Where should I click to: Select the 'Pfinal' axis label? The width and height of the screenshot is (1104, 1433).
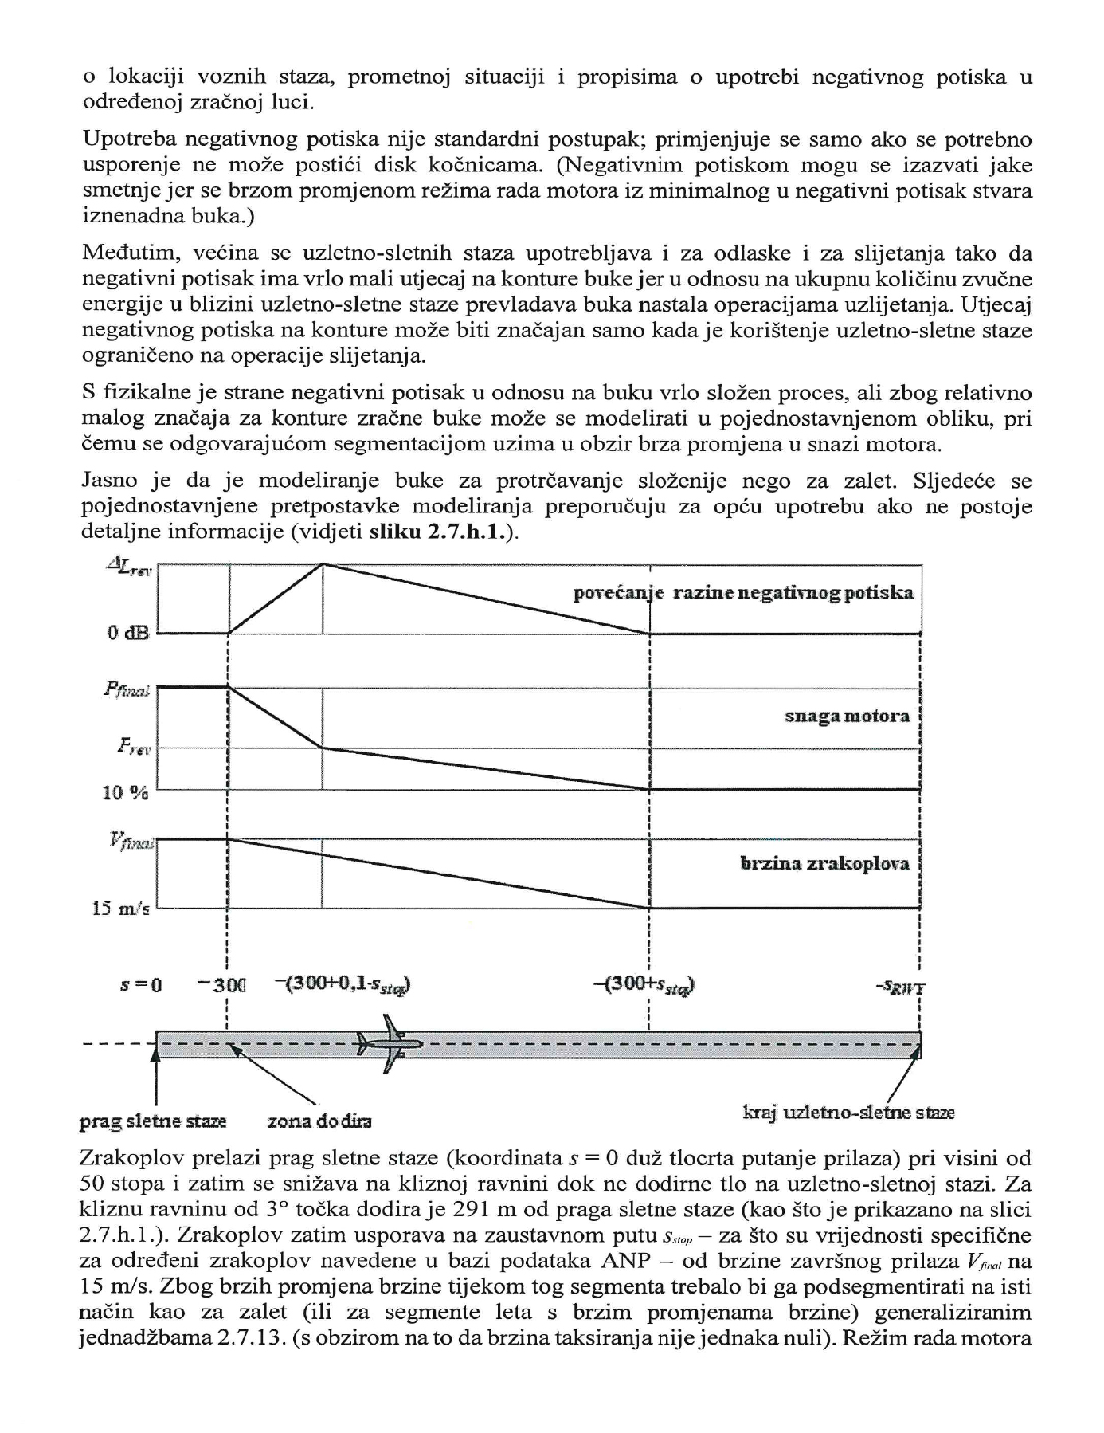[x=127, y=690]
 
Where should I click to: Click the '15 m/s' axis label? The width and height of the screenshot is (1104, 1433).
[x=121, y=909]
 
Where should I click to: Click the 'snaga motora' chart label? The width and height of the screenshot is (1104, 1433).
[x=847, y=716]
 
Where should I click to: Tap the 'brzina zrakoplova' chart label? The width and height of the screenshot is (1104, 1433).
[x=824, y=864]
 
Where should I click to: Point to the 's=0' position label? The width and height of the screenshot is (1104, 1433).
[x=141, y=985]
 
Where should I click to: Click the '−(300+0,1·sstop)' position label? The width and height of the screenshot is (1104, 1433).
[x=343, y=985]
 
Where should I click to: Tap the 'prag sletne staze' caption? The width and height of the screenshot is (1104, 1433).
[x=153, y=1121]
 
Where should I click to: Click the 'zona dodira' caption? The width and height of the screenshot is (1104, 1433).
[x=319, y=1121]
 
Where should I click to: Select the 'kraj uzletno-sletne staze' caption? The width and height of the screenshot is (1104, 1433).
[x=848, y=1113]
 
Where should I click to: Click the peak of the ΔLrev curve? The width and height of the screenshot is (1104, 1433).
[x=323, y=564]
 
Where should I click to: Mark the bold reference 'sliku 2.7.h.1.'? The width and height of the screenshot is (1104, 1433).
[x=442, y=533]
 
